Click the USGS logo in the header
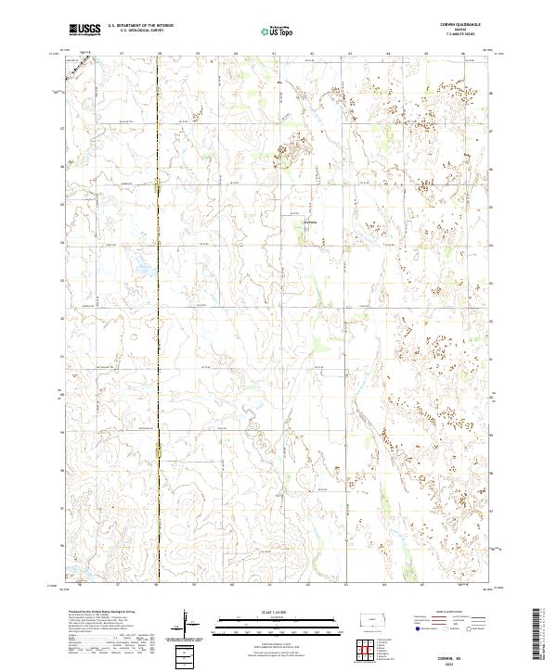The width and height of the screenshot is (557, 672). pos(85,31)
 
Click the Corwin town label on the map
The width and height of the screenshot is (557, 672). pos(311,222)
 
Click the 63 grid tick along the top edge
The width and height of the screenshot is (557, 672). pos(349,53)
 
